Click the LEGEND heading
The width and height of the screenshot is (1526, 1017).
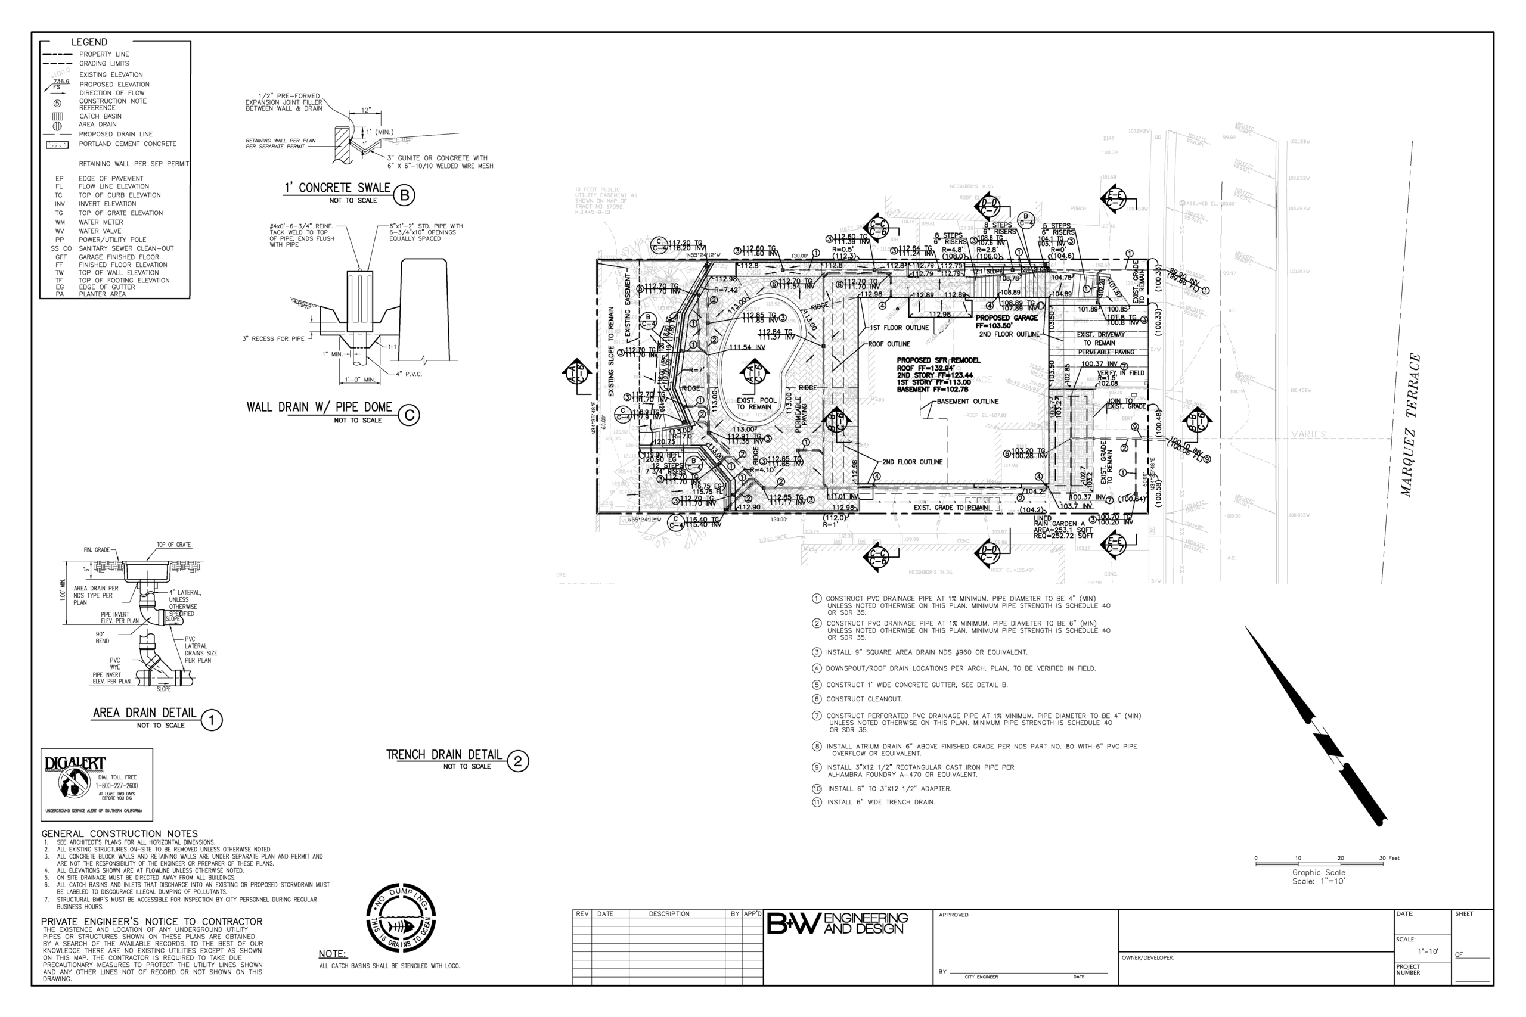89,42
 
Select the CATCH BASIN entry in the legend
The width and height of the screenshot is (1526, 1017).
100,116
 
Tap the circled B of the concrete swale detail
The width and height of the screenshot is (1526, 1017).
404,195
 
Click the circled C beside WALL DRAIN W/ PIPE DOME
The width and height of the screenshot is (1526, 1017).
409,415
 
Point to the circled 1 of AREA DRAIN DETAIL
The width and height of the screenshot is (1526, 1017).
212,720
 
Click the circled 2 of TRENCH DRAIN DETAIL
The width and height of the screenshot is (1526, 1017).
518,761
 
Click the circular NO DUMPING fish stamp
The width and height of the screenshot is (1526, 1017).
401,918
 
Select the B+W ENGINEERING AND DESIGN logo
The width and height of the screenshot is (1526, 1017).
837,923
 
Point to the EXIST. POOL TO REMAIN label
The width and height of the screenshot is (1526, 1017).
756,403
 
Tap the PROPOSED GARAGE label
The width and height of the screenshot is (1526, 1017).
1006,318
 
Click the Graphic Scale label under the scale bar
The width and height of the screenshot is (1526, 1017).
1319,872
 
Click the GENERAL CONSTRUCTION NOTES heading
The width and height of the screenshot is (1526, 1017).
119,833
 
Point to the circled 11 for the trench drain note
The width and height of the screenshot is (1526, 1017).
817,803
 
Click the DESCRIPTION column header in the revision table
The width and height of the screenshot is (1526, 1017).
669,914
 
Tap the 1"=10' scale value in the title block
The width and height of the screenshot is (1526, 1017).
1428,951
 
